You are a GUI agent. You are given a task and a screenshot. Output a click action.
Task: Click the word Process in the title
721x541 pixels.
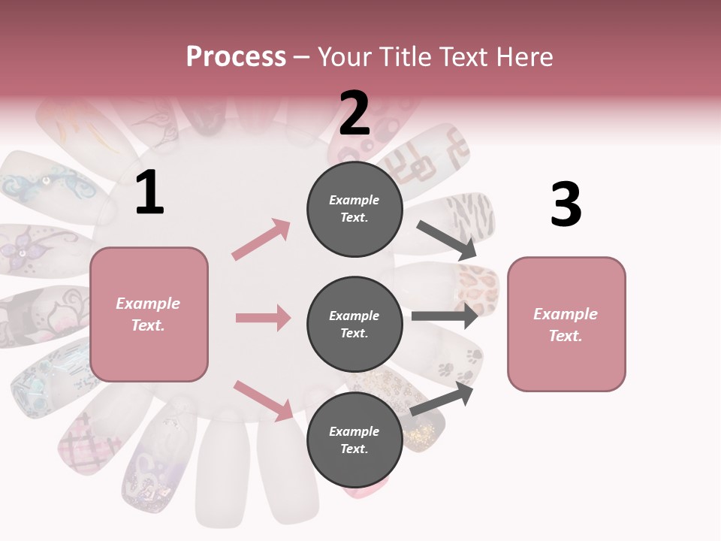236,56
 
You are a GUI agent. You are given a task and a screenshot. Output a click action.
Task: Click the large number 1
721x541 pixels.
149,193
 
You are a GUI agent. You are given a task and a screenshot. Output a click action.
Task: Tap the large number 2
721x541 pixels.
354,113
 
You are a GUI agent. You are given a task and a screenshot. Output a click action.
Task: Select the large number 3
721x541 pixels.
566,204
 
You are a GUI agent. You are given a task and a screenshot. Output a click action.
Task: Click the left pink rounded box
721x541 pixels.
149,314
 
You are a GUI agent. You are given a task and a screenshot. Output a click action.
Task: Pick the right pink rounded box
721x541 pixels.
566,324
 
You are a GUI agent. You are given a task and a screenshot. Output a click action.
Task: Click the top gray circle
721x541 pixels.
354,209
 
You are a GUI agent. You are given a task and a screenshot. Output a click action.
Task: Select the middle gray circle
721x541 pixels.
354,324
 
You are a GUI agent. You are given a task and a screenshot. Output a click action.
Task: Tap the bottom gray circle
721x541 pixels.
354,440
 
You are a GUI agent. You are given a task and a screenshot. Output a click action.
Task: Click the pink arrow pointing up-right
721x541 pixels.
261,239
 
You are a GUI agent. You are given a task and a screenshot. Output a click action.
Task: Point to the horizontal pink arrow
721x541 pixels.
263,318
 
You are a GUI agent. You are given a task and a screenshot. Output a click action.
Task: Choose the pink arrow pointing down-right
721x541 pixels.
263,400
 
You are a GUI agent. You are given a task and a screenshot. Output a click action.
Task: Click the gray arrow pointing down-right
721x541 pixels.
447,240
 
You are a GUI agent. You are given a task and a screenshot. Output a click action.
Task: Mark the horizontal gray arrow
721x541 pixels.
445,316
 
